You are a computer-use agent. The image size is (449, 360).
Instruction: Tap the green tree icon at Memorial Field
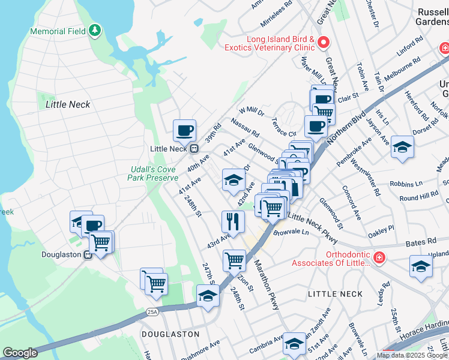pos(94,30)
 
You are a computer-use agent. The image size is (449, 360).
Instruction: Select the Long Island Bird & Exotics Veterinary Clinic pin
pos(324,42)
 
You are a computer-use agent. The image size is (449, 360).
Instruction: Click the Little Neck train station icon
pos(193,149)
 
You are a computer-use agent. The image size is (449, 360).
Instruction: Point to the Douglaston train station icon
pos(88,254)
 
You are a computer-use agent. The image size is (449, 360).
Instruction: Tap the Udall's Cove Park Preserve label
pos(153,173)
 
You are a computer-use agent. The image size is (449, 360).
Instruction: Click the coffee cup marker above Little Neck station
pos(185,130)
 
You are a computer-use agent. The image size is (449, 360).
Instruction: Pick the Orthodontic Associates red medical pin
pos(379,258)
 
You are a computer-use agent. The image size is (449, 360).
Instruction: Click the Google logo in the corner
pos(20,353)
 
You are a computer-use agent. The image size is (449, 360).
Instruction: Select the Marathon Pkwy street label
pos(266,284)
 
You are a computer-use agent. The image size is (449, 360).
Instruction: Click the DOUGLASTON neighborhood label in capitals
pos(161,334)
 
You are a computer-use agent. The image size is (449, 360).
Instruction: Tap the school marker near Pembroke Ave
pos(402,146)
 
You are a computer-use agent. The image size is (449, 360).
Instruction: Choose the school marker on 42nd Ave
pos(234,180)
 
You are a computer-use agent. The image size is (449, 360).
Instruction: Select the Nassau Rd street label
pos(245,128)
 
